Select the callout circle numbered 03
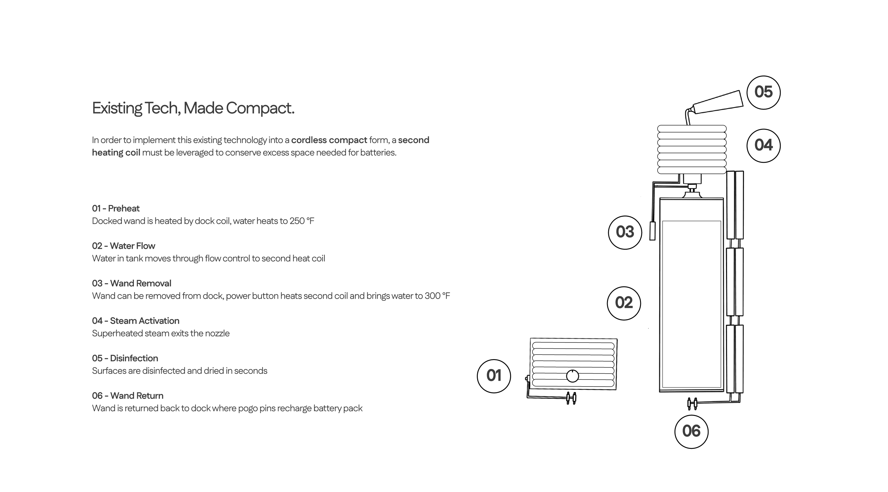(x=625, y=232)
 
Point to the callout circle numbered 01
(x=494, y=376)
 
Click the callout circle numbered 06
(x=691, y=431)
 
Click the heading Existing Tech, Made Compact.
(x=193, y=108)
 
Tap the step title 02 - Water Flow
(x=123, y=246)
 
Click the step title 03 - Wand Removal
(x=131, y=284)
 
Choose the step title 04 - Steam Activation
(x=135, y=321)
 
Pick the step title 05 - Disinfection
(x=125, y=358)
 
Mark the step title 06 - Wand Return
(x=128, y=396)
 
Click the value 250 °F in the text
(x=302, y=221)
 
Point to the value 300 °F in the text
(x=437, y=296)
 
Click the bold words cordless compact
(x=329, y=140)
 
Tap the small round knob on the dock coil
(x=572, y=376)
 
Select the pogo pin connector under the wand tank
(x=692, y=404)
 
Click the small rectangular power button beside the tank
(x=652, y=231)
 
